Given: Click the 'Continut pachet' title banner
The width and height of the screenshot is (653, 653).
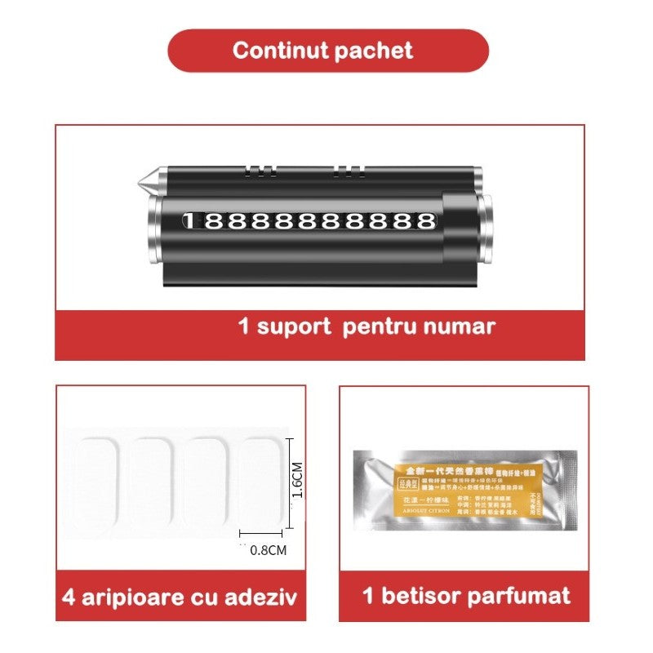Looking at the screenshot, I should tap(326, 51).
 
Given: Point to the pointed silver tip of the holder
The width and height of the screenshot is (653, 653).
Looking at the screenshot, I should tap(140, 175).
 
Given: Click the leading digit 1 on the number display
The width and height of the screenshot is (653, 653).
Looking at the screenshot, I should tap(189, 221).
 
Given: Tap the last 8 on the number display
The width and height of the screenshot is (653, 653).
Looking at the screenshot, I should tap(425, 221).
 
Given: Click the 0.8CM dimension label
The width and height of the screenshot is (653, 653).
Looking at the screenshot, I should tap(268, 550).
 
